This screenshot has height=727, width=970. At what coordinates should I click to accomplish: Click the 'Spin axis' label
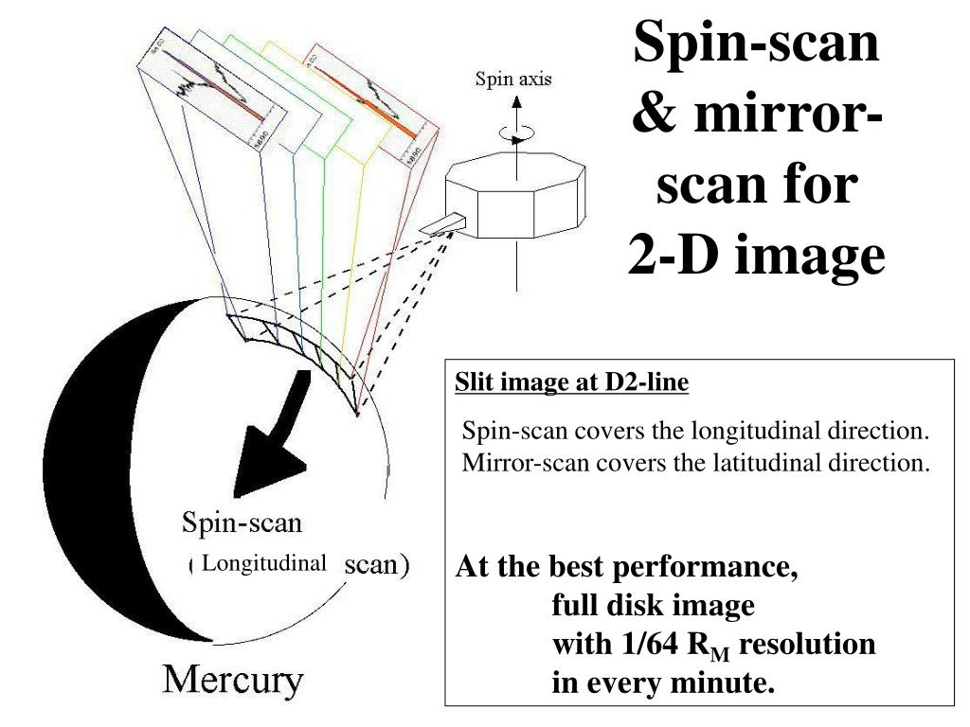[x=513, y=80]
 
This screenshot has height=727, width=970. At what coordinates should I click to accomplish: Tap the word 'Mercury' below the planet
[x=234, y=680]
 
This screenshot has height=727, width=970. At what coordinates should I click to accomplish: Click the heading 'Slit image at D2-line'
[x=572, y=382]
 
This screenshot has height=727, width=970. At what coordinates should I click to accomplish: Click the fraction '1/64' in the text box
[x=653, y=645]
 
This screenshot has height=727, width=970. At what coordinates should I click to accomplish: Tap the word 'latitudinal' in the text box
[x=763, y=463]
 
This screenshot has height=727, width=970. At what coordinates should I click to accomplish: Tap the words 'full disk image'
[x=654, y=606]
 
